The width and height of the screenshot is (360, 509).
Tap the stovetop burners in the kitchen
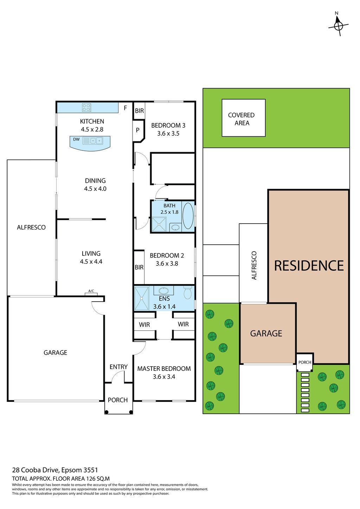click(86, 107)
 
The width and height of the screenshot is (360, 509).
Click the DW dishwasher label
click(76, 139)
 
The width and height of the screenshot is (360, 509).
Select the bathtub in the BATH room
click(188, 215)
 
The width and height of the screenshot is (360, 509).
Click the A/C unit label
click(91, 291)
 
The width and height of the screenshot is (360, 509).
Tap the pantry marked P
click(138, 130)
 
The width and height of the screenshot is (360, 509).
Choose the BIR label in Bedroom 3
click(139, 111)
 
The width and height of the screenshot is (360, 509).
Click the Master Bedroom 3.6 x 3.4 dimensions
click(164, 377)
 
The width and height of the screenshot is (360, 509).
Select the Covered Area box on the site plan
click(243, 118)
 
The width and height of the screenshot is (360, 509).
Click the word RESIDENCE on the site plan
click(309, 266)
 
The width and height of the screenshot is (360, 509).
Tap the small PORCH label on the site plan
click(305, 362)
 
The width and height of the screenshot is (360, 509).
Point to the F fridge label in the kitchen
click(125, 108)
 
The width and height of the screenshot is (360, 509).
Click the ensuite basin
click(163, 291)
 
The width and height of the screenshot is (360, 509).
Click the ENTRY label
click(118, 367)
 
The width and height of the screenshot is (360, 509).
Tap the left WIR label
click(144, 325)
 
